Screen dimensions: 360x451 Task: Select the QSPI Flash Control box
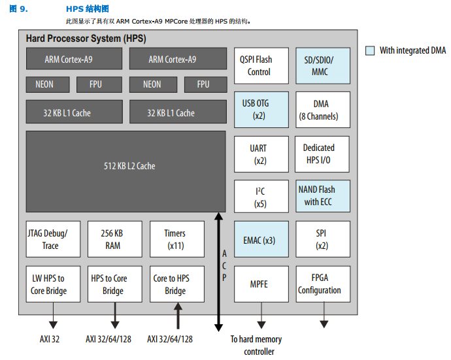260,65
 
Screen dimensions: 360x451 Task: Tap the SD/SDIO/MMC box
322,65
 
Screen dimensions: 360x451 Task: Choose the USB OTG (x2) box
260,109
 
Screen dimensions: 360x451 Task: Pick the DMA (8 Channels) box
322,110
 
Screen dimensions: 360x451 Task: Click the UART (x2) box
260,154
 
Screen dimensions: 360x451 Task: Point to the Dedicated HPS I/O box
322,154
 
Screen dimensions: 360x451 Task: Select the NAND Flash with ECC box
322,196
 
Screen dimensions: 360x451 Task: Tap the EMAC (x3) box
260,240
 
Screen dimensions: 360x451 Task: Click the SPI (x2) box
322,239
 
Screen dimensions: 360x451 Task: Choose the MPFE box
260,284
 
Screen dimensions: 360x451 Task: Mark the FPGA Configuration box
322,284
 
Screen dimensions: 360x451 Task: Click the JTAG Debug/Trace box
53,239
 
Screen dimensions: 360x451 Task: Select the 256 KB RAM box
112,239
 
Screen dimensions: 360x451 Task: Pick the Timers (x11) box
175,239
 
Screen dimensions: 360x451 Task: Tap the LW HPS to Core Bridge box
53,284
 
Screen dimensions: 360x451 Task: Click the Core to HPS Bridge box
175,284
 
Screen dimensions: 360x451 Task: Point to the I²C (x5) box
260,196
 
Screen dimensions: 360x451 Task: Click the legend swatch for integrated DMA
370,50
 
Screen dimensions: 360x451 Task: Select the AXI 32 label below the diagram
50,339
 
